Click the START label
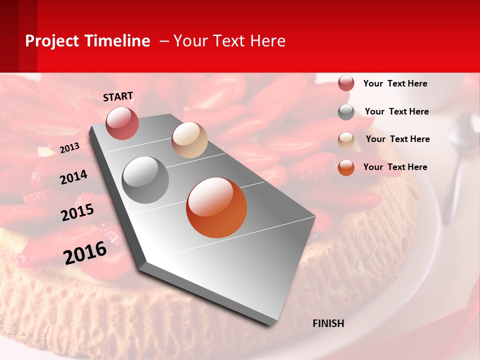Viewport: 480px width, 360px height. click(118, 96)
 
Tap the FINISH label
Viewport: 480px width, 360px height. click(328, 323)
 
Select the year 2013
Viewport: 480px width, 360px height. click(70, 147)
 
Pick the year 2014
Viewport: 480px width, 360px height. click(73, 177)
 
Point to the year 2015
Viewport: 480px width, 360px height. click(77, 212)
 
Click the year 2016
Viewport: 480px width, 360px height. click(85, 252)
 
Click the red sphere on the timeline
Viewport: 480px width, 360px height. click(122, 123)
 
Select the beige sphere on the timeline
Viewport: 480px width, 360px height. click(189, 140)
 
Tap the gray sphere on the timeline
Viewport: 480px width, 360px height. click(145, 180)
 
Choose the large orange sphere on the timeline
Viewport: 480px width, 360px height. click(216, 207)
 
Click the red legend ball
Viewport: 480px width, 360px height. click(346, 83)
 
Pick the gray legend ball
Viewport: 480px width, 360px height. click(346, 112)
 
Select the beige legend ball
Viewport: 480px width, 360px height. click(346, 139)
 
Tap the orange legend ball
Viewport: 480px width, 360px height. click(346, 167)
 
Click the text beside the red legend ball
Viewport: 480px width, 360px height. click(395, 83)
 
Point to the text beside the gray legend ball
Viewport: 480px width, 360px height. click(396, 111)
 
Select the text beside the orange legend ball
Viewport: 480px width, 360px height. click(395, 167)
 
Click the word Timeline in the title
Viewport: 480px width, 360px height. click(117, 41)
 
